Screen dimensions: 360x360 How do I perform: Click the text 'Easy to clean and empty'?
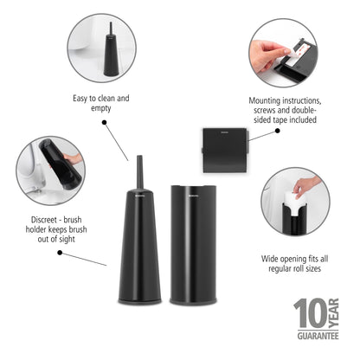point(101,104)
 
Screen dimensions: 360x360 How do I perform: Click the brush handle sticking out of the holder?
point(138,177)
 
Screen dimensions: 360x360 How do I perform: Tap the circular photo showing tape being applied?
point(285,52)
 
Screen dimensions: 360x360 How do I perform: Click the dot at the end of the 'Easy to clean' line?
point(105,124)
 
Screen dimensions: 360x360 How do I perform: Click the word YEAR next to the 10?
point(332,312)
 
